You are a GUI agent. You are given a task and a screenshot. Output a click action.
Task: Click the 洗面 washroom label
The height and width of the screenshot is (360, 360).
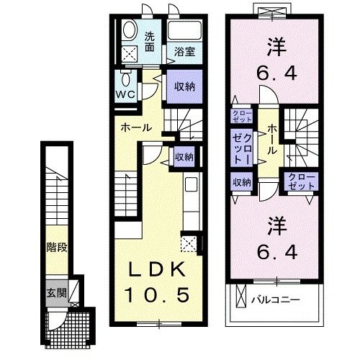pyautogui.click(x=150, y=42)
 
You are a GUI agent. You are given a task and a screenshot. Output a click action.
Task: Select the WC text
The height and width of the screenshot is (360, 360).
pyautogui.click(x=125, y=94)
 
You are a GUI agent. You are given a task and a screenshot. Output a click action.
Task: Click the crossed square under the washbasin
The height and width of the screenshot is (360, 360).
pyautogui.click(x=130, y=53)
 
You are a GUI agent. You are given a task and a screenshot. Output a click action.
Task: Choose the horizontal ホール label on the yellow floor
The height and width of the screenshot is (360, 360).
pyautogui.click(x=135, y=127)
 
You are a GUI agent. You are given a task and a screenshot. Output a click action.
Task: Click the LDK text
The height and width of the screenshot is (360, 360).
pyautogui.click(x=159, y=269)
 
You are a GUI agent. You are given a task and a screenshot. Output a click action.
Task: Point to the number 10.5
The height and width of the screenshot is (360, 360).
pyautogui.click(x=159, y=295)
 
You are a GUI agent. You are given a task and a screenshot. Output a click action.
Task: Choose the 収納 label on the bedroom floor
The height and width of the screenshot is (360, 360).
pyautogui.click(x=241, y=183)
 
